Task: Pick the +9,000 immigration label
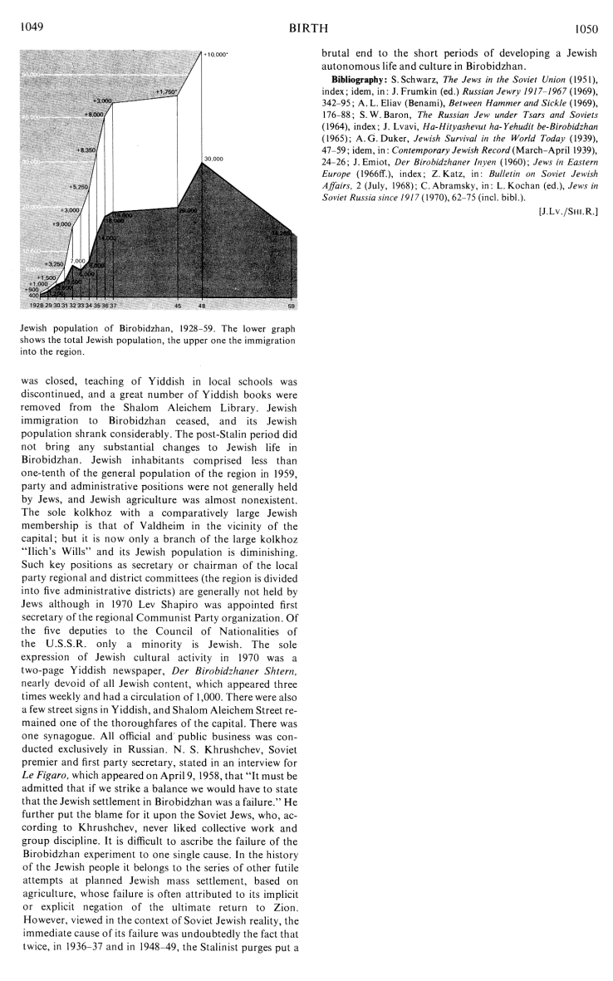(x=61, y=224)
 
